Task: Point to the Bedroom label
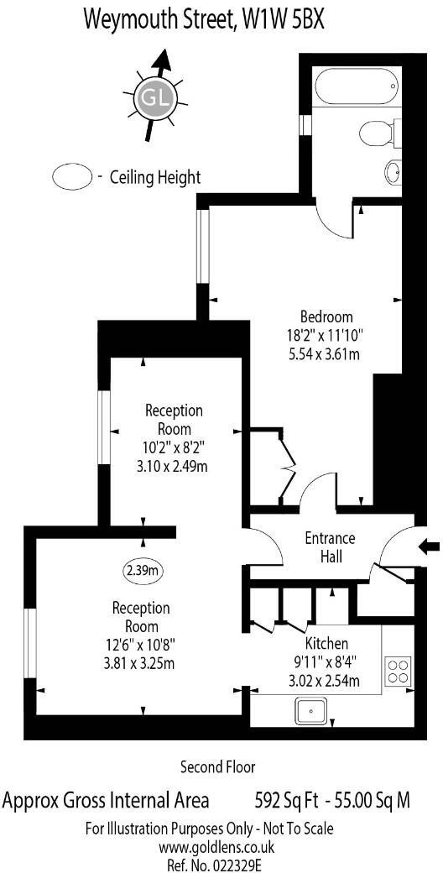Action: pos(326,316)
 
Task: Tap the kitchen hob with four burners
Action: pos(397,671)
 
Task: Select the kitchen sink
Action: pos(312,711)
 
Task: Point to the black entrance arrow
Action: pos(429,547)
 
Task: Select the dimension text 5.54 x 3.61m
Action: pos(326,353)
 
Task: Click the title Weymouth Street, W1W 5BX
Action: pos(203,20)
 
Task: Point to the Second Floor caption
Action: pos(217,766)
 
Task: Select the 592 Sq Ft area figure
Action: pos(284,799)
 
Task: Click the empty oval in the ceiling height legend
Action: pos(71,177)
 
